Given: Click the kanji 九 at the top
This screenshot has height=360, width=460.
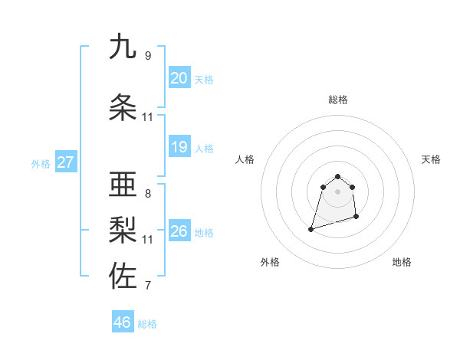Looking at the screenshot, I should click(123, 47).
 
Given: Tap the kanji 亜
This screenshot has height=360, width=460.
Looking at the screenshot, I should click(123, 185).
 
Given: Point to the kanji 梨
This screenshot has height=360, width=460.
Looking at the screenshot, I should click(123, 231).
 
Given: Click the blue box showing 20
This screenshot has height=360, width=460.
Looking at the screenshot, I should click(179, 78).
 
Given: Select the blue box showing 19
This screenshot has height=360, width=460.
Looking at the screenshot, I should click(179, 147).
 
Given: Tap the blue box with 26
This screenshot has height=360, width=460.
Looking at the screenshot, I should click(179, 231).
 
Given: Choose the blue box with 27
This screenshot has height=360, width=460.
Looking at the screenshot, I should click(66, 162).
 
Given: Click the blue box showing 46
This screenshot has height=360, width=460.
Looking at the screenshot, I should click(123, 322).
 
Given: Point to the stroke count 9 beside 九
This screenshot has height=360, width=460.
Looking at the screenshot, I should click(148, 56).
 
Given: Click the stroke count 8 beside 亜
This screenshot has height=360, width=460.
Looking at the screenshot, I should click(148, 194).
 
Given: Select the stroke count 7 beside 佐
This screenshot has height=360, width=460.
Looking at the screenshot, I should click(148, 286).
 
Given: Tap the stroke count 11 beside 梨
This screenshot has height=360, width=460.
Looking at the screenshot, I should click(148, 240).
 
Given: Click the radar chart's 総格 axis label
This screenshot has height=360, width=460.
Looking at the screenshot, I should click(337, 100).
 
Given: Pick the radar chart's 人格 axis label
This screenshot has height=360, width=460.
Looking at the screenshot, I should click(245, 159).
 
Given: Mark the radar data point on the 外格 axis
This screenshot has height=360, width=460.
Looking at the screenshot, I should click(311, 228).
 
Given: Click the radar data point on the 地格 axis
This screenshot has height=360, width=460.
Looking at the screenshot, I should click(357, 218).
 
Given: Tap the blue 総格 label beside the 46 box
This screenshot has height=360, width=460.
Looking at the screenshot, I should click(147, 324).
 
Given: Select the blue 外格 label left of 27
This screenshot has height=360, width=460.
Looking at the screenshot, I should click(41, 163).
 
